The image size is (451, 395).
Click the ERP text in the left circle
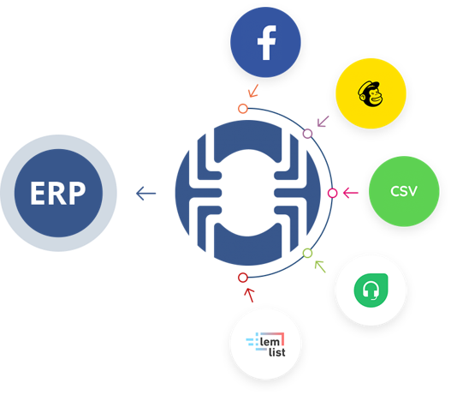[58, 194]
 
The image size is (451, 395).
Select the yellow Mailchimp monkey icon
[370, 93]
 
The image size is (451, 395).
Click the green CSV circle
[404, 191]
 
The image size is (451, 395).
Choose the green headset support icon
[370, 290]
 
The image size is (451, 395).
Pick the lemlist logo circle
[265, 344]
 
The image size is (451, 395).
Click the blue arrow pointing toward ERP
[146, 194]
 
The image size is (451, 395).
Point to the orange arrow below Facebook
[252, 90]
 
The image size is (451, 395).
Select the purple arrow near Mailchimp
[323, 121]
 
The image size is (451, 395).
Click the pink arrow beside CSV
[350, 193]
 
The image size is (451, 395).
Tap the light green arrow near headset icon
[320, 266]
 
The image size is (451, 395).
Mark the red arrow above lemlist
[249, 296]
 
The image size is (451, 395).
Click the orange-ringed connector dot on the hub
[243, 109]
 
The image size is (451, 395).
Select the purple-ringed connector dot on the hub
[308, 133]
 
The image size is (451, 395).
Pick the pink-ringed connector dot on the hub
[332, 193]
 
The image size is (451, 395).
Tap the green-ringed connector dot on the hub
[307, 253]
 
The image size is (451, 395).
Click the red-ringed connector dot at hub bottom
[243, 277]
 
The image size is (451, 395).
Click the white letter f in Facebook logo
[266, 42]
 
